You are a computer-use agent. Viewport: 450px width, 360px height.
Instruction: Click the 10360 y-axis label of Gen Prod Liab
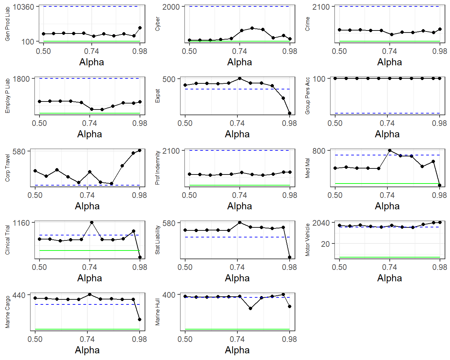[23, 7]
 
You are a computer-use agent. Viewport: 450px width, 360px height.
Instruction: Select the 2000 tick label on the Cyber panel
[171, 7]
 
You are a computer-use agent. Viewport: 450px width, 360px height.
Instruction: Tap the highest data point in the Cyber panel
[252, 28]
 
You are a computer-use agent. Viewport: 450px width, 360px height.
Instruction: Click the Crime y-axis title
[307, 24]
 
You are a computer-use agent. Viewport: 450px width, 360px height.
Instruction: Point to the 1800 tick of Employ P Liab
[21, 79]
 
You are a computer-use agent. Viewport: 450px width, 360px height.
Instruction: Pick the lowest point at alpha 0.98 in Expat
[290, 113]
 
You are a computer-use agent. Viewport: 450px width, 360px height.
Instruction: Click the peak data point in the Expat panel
[240, 78]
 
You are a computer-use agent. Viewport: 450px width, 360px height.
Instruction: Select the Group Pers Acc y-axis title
[307, 96]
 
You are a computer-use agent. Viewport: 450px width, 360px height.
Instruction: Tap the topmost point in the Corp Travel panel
[140, 150]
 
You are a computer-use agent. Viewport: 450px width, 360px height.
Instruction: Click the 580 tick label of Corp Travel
[19, 151]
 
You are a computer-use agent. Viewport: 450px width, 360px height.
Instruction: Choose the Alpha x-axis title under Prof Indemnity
[239, 206]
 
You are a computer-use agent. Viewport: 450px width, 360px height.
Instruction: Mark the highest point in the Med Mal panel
[389, 151]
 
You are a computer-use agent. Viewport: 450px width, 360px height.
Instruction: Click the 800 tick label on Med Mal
[319, 151]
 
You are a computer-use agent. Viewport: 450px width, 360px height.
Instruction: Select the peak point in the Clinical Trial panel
[92, 222]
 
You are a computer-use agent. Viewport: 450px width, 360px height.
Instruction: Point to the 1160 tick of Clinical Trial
[21, 223]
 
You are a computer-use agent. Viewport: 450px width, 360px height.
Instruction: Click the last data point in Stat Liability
[290, 257]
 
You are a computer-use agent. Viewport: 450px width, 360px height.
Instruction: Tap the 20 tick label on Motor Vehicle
[325, 244]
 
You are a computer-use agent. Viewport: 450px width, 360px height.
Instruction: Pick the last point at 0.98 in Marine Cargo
[140, 319]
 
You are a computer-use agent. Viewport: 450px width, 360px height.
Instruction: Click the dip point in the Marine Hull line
[250, 308]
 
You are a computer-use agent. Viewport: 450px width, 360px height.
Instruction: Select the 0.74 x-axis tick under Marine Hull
[237, 339]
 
